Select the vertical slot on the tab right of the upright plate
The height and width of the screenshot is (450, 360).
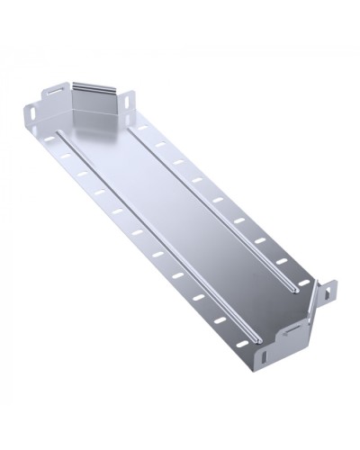point(130,100)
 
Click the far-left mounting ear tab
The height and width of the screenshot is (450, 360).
point(31,116)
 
